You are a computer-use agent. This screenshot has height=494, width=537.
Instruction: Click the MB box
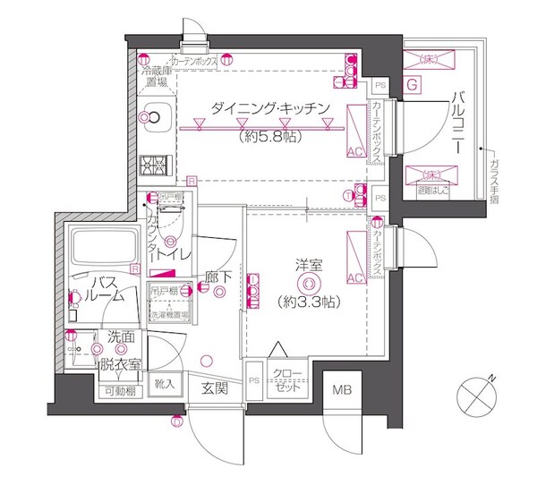pyautogui.click(x=343, y=390)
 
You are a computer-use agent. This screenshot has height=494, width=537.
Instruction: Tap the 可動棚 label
pyautogui.click(x=120, y=391)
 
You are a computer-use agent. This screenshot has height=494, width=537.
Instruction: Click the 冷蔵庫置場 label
pyautogui.click(x=157, y=74)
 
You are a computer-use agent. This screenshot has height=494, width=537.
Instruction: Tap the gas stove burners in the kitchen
pyautogui.click(x=152, y=166)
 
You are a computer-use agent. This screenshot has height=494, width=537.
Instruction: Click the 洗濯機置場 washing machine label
pyautogui.click(x=169, y=315)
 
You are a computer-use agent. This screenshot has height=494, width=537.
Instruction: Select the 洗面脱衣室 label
pyautogui.click(x=121, y=352)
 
